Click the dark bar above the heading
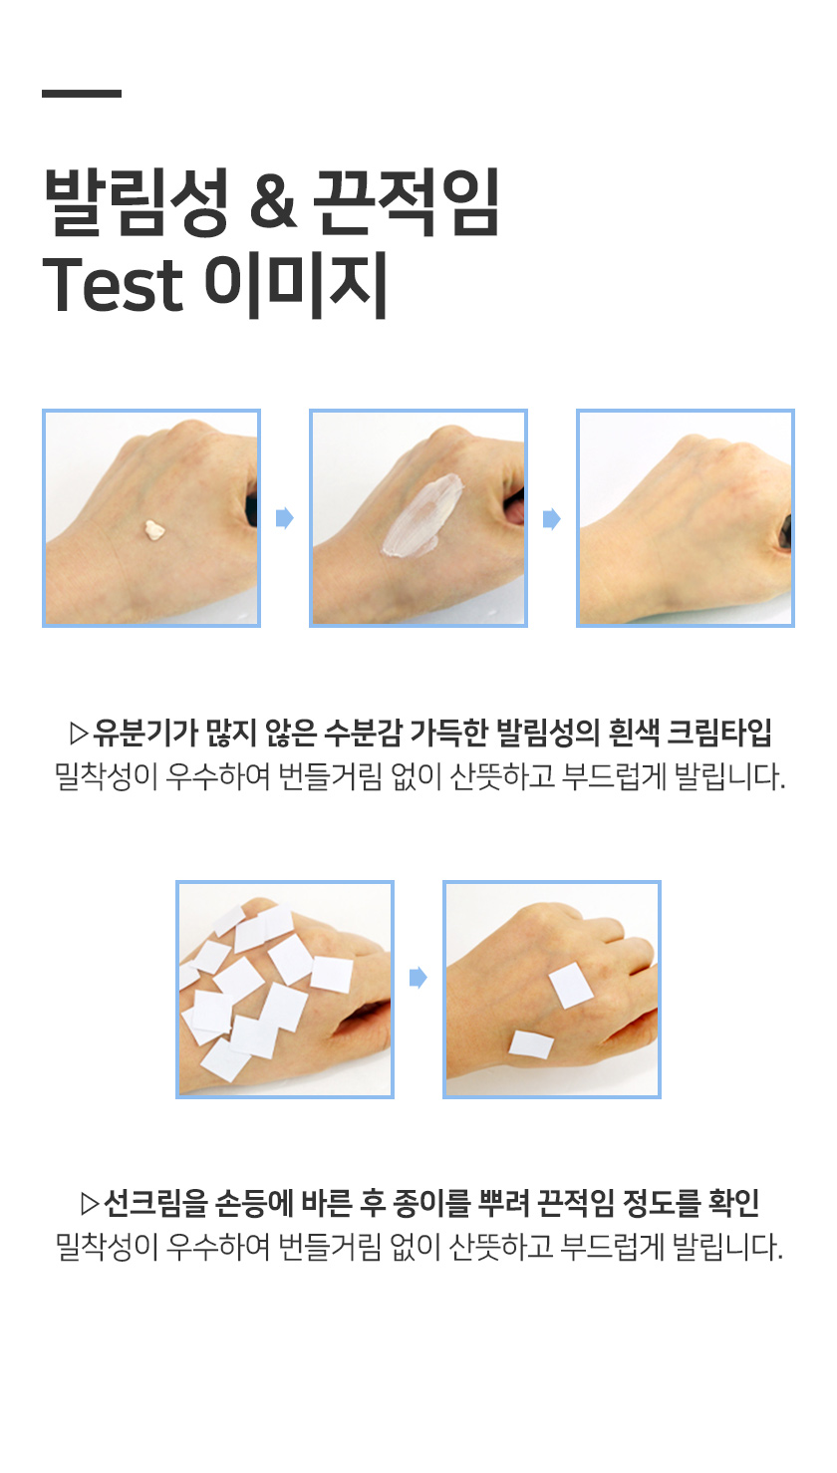(x=82, y=94)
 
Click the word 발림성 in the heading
(x=137, y=202)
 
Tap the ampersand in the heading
(x=273, y=204)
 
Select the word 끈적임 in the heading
(x=407, y=202)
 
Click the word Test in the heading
(x=113, y=284)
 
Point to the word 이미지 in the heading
(x=295, y=285)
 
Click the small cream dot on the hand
(x=154, y=530)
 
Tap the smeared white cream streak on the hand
(x=420, y=516)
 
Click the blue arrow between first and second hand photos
(x=284, y=518)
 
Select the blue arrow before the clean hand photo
(x=552, y=519)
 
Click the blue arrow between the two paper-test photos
(x=418, y=978)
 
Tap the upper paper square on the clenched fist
(x=572, y=985)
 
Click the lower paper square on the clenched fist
(x=531, y=1044)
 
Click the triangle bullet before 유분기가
(x=79, y=734)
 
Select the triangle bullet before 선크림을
(x=90, y=1203)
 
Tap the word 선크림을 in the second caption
(x=155, y=1203)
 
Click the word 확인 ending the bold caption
(x=733, y=1203)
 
